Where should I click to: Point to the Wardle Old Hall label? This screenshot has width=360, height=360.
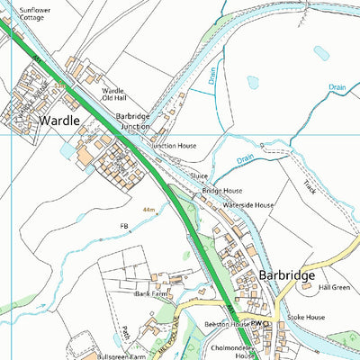(x=113, y=95)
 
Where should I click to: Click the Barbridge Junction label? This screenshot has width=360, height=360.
(x=133, y=121)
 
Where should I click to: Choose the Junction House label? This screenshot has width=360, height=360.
(x=174, y=145)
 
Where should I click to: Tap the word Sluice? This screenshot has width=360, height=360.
(x=200, y=177)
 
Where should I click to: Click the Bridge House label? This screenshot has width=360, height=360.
(x=221, y=192)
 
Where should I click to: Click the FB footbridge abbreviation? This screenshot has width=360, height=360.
(x=124, y=226)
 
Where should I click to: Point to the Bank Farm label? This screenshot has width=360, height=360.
(x=151, y=293)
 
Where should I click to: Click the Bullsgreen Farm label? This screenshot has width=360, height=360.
(x=121, y=357)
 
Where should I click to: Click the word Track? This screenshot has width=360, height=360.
(x=310, y=187)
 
